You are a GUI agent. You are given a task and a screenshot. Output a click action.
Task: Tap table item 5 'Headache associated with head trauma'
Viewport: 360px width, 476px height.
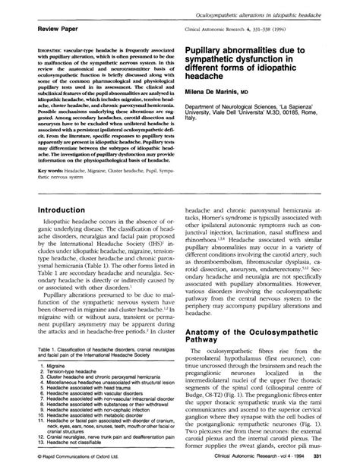90,399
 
